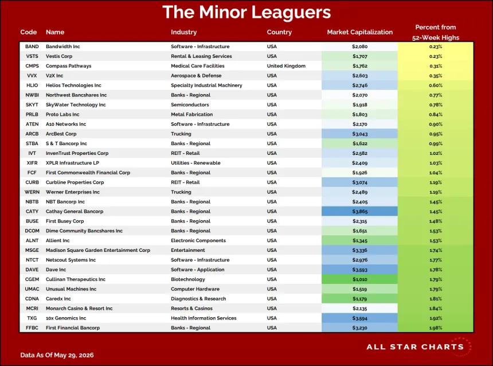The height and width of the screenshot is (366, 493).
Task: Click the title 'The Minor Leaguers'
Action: pos(246,12)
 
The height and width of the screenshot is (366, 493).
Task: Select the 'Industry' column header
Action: pos(183,32)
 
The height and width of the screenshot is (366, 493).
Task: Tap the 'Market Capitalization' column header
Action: pos(359,32)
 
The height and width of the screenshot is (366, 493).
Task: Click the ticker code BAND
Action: pos(32,46)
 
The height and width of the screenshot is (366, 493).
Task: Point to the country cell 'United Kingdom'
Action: pos(286,66)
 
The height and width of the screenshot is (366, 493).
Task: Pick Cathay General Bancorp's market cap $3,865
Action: pos(359,212)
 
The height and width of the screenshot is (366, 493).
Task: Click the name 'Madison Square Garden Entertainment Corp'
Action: pos(98,250)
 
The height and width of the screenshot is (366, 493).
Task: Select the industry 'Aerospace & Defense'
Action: pos(196,76)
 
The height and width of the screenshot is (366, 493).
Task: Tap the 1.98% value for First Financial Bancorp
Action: pos(436,328)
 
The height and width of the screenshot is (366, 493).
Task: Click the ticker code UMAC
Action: pos(32,289)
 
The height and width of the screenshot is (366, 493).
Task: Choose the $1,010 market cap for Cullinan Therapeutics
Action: pos(359,279)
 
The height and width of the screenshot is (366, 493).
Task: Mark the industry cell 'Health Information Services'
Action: pos(204,318)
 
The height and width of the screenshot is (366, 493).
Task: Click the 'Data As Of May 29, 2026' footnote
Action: pos(57,355)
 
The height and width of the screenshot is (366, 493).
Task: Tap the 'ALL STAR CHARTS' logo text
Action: pos(415,347)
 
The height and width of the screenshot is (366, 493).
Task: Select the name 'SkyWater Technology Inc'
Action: pos(76,105)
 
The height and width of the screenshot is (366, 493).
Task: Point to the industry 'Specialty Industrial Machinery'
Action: pos(206,85)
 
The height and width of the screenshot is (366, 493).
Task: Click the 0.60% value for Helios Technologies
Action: pos(436,85)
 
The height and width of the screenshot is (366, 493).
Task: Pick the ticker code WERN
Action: pos(32,192)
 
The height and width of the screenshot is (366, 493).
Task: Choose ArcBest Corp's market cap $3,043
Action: pos(359,134)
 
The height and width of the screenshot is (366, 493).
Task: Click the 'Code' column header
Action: pos(28,32)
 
